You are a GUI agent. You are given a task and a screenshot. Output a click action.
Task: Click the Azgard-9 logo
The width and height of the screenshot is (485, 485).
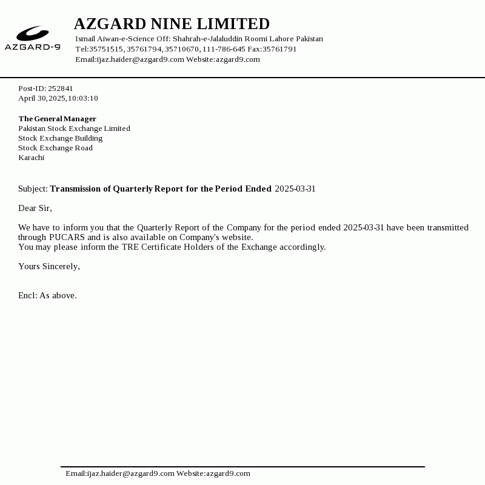[33, 38]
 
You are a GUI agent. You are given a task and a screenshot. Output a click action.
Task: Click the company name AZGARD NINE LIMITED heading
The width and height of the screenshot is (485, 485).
[172, 24]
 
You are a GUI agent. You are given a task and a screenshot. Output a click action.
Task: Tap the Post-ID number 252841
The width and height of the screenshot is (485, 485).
[61, 89]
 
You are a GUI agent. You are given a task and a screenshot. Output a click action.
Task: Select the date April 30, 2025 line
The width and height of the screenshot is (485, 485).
[58, 98]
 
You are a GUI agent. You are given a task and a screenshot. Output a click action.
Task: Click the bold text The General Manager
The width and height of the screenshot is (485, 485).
[57, 119]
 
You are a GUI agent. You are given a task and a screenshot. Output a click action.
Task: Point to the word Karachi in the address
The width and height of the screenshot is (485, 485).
[31, 158]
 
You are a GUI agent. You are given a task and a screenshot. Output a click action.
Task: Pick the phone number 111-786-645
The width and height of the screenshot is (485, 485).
[224, 49]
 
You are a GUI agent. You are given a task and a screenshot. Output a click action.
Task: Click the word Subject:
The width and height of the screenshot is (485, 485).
[33, 189]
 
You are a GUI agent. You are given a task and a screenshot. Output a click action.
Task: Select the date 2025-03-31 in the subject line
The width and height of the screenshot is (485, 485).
[295, 189]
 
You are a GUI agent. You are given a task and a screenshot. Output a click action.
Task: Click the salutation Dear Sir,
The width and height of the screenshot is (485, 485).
[35, 208]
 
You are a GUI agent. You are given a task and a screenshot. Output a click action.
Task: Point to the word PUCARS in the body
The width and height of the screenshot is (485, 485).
[67, 237]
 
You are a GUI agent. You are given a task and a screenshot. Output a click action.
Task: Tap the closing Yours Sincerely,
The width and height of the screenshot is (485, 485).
[49, 266]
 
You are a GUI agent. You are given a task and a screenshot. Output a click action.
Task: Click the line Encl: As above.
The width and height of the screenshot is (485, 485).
[47, 295]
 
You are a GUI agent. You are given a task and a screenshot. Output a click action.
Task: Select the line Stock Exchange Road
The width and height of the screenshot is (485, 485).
[55, 148]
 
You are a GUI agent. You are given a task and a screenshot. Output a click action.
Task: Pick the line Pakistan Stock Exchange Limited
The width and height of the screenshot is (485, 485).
[74, 129]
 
